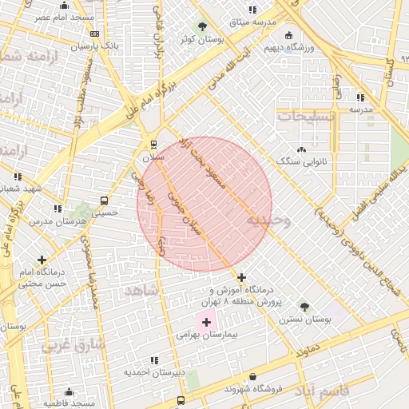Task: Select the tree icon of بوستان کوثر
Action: (202, 26)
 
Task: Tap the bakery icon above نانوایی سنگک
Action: (301, 149)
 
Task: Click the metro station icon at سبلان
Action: (153, 144)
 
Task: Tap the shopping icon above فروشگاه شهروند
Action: (253, 376)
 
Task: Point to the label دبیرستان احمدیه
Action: (154, 372)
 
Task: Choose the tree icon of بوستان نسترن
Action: (304, 306)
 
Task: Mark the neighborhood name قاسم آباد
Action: (324, 390)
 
